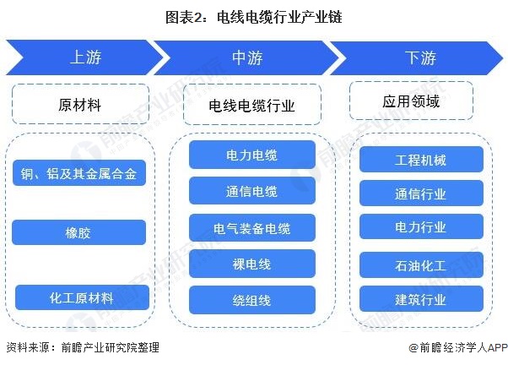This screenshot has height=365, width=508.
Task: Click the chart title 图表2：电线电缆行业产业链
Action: (253, 16)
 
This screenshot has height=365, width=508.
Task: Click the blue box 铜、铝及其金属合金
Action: (80, 176)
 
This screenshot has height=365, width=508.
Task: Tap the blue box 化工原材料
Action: (82, 297)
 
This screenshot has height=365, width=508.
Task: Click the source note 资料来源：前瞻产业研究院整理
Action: (82, 347)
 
